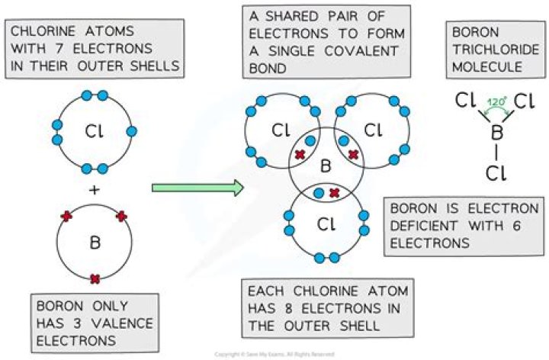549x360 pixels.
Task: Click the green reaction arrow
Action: click(x=197, y=187)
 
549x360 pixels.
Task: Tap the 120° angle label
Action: click(x=497, y=101)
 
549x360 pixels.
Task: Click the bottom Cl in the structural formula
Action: click(x=497, y=173)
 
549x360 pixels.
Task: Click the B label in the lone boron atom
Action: click(x=95, y=243)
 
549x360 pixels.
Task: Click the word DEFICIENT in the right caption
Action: click(x=425, y=225)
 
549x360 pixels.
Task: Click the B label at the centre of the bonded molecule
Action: click(x=324, y=167)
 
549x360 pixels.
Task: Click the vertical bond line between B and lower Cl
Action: click(x=497, y=153)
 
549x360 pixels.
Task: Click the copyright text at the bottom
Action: click(x=274, y=355)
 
